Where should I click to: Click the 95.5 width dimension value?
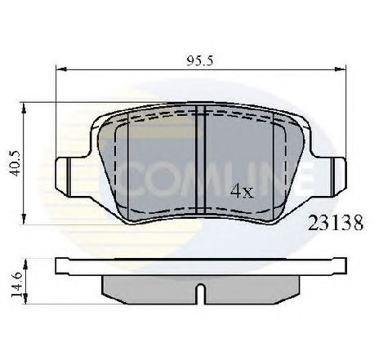[199, 61]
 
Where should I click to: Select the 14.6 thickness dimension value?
[16, 285]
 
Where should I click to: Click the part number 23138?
[336, 223]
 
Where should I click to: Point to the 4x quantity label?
[242, 191]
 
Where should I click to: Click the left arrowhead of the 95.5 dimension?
[61, 69]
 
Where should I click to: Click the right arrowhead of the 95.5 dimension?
[341, 69]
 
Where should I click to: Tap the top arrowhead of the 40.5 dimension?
[24, 108]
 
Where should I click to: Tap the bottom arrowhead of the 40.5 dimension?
[24, 219]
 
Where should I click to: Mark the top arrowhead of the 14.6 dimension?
[25, 264]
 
